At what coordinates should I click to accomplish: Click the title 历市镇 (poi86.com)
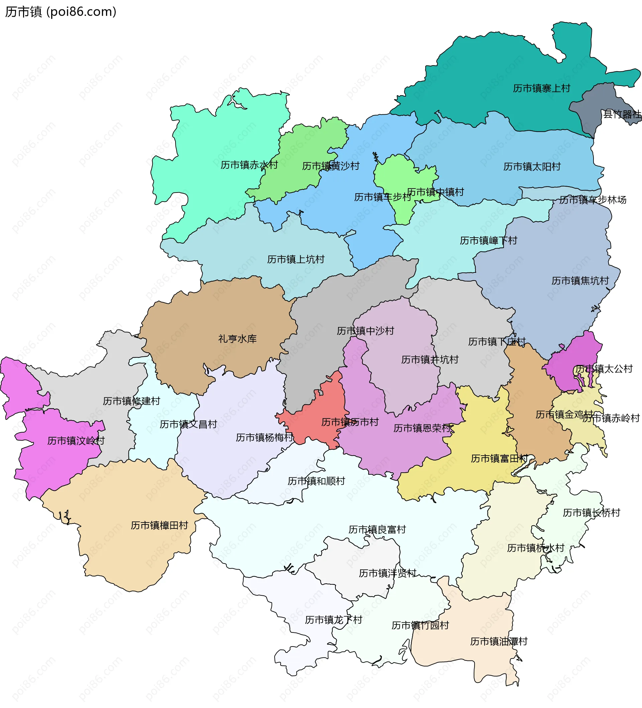click(61, 12)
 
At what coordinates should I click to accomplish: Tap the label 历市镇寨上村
click(541, 89)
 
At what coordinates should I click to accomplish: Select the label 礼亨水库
click(237, 339)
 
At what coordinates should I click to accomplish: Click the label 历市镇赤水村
click(249, 165)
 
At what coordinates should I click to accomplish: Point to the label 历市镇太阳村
click(532, 167)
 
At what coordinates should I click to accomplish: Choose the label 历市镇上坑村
click(296, 259)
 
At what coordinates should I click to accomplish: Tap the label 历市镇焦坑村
click(580, 281)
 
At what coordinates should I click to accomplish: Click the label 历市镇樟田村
click(159, 525)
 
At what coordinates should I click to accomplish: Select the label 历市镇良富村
click(377, 529)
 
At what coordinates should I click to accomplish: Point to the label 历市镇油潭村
click(499, 641)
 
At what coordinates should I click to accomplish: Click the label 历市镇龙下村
click(333, 620)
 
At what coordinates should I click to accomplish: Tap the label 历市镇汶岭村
click(76, 441)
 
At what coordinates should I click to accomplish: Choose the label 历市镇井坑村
click(430, 360)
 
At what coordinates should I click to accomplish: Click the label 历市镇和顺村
click(316, 481)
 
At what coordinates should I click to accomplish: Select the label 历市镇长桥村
click(592, 513)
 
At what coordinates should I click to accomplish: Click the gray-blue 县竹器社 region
click(594, 109)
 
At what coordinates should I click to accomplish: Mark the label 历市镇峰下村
click(488, 241)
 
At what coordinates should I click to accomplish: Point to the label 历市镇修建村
click(131, 401)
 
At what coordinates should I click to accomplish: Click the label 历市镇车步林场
click(593, 200)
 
